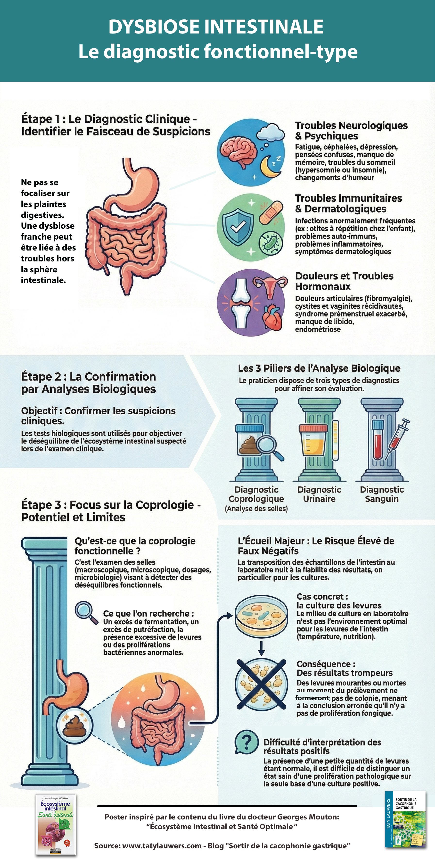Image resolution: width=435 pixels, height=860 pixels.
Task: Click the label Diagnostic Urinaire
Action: [x=319, y=494]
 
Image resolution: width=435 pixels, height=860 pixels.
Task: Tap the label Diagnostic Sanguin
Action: [x=382, y=494]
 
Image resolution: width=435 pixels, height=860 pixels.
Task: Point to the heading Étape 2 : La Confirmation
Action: [x=88, y=376]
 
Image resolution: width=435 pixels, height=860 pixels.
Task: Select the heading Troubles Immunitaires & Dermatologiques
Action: [x=349, y=203]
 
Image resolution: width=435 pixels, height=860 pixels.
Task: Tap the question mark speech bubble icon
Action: [x=246, y=742]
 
